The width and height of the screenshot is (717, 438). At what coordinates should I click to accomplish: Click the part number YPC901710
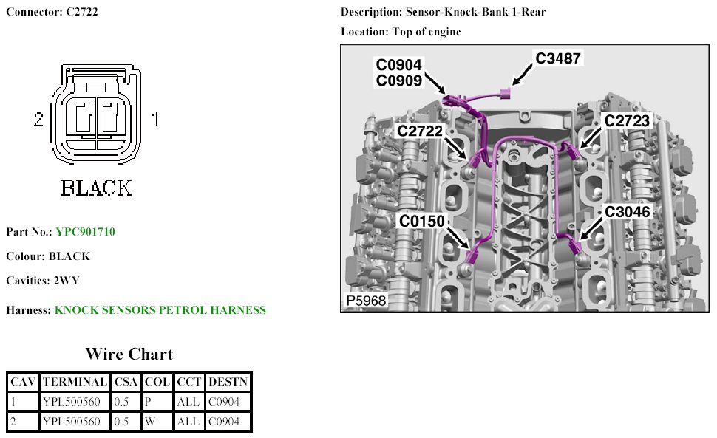[85, 232]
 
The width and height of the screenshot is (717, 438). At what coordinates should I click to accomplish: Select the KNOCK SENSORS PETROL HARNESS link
[160, 310]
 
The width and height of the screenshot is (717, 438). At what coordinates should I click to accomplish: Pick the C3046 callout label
[627, 212]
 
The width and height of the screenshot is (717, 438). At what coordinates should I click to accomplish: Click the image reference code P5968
[365, 301]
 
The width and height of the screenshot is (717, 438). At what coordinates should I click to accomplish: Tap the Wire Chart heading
[129, 354]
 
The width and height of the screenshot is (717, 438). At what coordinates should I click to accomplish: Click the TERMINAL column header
[75, 382]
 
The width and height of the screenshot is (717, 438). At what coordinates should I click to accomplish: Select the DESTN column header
[228, 382]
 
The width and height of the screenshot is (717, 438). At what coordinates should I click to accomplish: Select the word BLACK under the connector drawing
[97, 188]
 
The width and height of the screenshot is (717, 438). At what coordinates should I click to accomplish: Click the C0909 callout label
[399, 80]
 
